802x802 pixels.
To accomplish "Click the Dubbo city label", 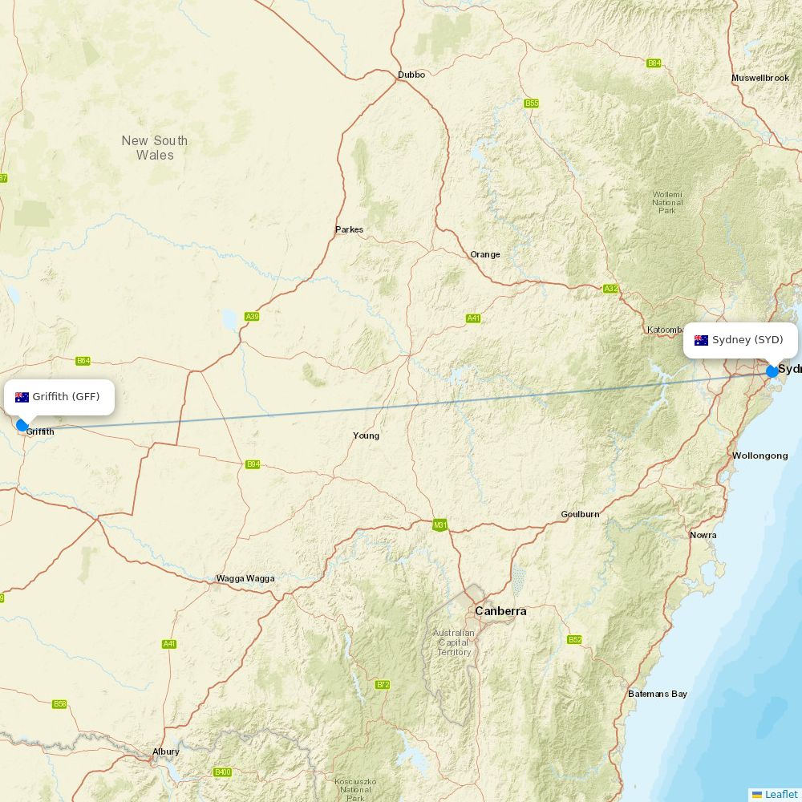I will (411, 75).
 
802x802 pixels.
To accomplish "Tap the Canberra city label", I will (500, 611).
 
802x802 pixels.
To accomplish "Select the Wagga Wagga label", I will (245, 578).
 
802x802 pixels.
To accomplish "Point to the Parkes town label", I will (349, 229).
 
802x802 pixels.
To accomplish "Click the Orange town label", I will (484, 254).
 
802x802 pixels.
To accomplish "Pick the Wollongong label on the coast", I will (759, 456).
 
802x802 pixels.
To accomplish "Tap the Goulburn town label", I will (580, 514).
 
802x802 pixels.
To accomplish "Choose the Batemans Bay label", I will (657, 694).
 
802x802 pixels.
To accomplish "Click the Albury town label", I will (166, 751).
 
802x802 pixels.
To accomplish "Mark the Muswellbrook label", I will (760, 78).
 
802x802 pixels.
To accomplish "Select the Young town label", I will (366, 435).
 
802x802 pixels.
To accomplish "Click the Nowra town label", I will (703, 535).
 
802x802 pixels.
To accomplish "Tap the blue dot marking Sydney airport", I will (772, 371).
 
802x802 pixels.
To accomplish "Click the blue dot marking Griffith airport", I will (22, 425).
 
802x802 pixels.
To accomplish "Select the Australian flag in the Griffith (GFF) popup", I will (22, 397).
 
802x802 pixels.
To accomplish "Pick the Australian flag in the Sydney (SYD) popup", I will (701, 340).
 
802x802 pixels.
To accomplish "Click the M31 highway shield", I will (439, 525).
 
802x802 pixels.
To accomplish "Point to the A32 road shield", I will (611, 289).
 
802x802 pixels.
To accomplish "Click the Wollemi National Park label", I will (667, 202).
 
